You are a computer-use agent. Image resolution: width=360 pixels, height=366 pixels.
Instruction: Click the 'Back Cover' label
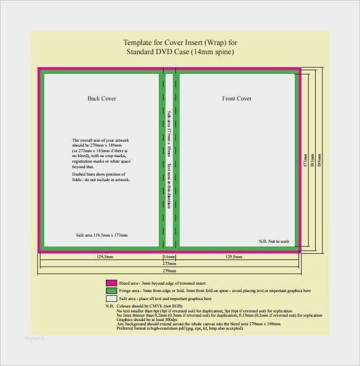tap(102, 99)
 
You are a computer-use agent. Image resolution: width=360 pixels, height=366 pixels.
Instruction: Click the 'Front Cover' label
tap(236, 99)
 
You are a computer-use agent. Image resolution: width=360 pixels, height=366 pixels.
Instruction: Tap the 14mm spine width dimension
tap(169, 256)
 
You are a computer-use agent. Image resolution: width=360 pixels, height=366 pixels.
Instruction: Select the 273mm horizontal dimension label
tap(169, 263)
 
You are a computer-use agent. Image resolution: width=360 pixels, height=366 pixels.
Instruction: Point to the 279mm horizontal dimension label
tap(169, 270)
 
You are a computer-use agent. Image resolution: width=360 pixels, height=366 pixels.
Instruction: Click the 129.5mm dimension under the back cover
tap(105, 256)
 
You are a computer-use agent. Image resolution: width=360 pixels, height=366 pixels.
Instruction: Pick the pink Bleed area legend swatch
tap(111, 282)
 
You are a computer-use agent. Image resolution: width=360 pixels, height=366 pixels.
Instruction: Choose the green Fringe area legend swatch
tap(111, 290)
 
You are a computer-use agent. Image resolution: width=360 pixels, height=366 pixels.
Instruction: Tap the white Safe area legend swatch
tap(111, 298)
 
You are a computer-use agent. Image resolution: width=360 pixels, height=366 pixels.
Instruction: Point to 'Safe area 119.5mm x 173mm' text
tap(102, 235)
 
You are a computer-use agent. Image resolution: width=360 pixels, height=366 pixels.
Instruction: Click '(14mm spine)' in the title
tap(211, 52)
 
